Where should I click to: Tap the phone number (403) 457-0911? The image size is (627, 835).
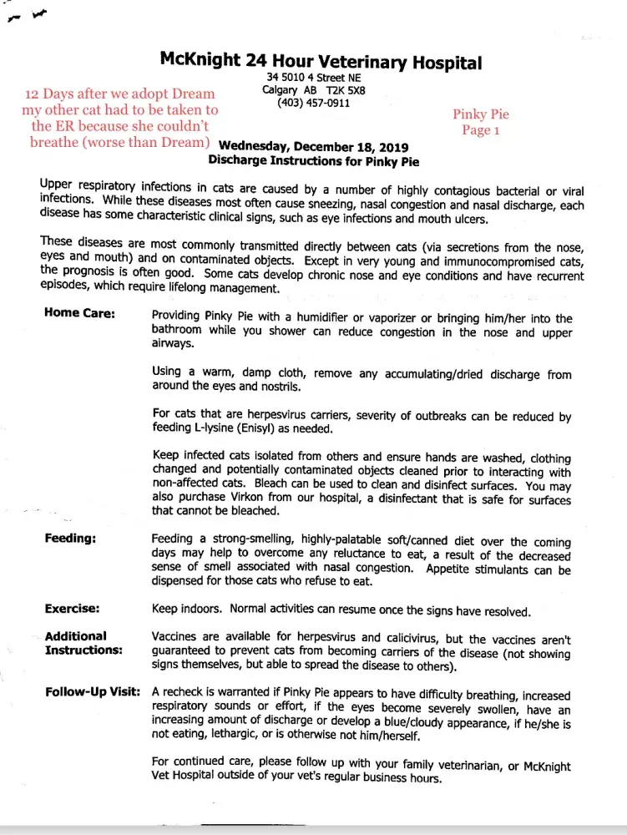point(314,103)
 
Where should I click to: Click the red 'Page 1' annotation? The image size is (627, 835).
point(481,130)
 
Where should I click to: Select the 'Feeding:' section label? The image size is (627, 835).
point(70,539)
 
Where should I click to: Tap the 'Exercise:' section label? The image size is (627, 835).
point(72,609)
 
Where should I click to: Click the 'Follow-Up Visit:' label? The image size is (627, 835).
point(92,692)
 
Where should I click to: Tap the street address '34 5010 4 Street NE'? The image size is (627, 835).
point(313,78)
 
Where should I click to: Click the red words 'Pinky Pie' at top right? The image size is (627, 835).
point(481,114)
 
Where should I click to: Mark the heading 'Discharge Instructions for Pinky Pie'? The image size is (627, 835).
point(313,161)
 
